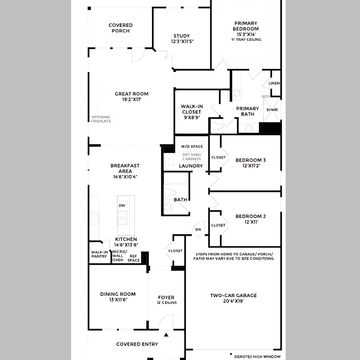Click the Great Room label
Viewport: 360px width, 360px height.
131,94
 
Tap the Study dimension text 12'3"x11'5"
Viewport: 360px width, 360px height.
182,41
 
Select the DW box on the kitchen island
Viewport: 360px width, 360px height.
122,206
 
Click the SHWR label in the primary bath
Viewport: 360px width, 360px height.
272,110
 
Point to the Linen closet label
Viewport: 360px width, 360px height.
274,83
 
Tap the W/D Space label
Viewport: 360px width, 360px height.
192,147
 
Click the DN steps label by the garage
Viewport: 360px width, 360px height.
198,229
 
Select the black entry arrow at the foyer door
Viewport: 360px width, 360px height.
166,335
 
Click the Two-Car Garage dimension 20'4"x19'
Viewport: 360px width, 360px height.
233,301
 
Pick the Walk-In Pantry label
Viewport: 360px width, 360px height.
99,254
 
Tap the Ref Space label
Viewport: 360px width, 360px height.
133,258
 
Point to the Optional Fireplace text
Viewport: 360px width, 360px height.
101,119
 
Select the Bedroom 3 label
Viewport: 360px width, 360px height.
250,160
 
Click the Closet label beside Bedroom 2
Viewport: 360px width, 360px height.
218,225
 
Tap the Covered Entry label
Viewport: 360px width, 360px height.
137,344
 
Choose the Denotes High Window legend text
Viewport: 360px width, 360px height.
257,357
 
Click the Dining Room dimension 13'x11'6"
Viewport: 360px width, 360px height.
118,300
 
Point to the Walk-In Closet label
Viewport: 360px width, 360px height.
192,109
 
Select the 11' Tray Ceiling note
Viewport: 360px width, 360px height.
246,40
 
